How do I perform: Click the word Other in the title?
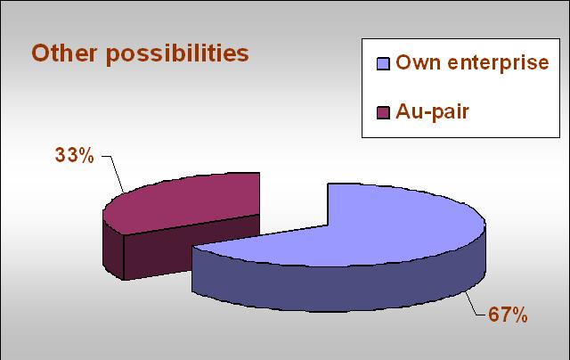click(64, 53)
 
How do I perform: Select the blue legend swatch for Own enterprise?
click(383, 63)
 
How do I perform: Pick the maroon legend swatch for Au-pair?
click(383, 112)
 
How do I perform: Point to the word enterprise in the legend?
click(498, 63)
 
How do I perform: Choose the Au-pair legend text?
click(432, 112)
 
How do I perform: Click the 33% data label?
click(75, 155)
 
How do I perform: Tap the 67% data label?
click(508, 315)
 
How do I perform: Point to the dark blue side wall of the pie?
click(338, 287)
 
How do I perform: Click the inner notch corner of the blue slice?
click(329, 225)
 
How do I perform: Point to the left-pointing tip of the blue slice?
click(192, 248)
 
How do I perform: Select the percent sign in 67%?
click(518, 315)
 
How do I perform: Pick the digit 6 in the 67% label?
click(493, 315)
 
